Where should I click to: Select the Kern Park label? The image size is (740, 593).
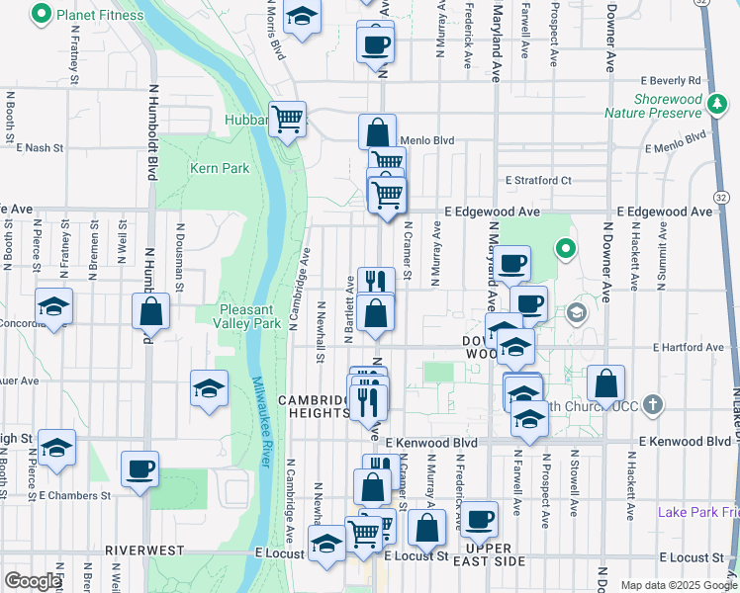[220, 168]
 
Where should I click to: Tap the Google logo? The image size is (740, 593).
[33, 582]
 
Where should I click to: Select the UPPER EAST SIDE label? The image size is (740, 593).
[489, 554]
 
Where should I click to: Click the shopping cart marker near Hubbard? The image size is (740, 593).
[287, 120]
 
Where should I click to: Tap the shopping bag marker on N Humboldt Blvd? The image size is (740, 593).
[150, 311]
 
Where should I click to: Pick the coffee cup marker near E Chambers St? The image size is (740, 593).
[139, 468]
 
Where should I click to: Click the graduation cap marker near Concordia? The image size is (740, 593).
[54, 305]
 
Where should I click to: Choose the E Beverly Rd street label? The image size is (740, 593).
[670, 80]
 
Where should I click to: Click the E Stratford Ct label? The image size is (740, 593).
[538, 181]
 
